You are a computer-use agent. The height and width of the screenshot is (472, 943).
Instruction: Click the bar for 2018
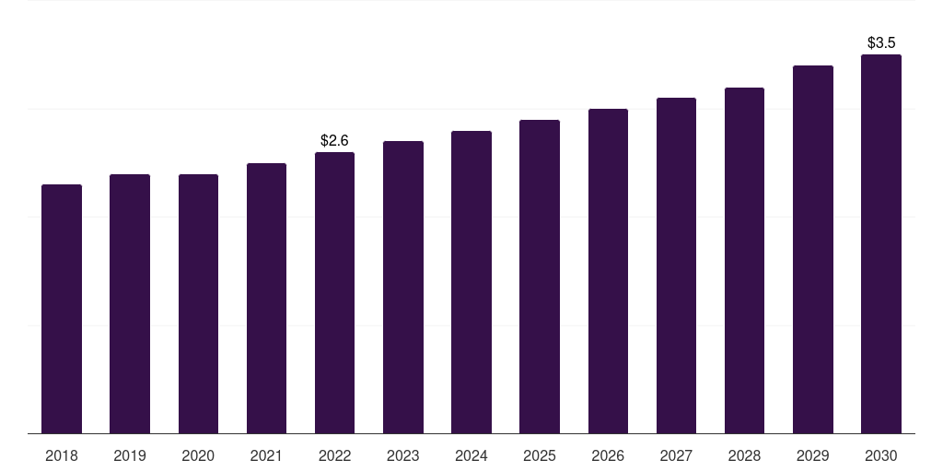click(x=62, y=309)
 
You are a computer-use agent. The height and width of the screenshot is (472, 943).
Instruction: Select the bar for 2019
click(x=130, y=304)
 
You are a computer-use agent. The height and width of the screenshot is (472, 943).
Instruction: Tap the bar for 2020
click(x=199, y=304)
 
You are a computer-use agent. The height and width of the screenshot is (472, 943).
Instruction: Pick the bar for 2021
click(x=266, y=299)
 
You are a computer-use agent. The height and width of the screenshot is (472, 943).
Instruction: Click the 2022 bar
click(x=334, y=292)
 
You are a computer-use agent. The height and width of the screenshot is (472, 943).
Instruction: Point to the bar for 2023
click(x=403, y=288)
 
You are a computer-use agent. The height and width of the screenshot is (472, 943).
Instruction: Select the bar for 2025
click(x=540, y=277)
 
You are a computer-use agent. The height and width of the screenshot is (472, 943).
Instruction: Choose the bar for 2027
click(x=676, y=265)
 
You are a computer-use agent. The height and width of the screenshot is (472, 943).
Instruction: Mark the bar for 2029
click(x=813, y=249)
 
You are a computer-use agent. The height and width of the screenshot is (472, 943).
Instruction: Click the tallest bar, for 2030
click(x=881, y=243)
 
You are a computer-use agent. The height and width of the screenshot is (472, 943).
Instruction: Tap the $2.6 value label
click(x=334, y=140)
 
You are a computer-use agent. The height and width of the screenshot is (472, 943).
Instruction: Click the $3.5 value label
click(x=881, y=42)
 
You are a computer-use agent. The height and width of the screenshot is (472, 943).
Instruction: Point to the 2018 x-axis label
click(x=62, y=455)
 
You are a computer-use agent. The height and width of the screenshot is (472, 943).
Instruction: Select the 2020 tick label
click(x=198, y=455)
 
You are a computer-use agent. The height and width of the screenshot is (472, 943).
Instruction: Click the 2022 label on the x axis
click(x=334, y=455)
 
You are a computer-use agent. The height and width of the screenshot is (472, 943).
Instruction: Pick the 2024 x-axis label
click(x=471, y=455)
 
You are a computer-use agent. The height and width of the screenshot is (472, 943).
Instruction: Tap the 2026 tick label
click(x=608, y=455)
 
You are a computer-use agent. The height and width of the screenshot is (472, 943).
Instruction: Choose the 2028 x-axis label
click(x=744, y=455)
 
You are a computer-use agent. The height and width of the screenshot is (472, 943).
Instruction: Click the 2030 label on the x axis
click(x=881, y=455)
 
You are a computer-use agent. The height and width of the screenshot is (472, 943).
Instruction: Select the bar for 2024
click(x=471, y=282)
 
